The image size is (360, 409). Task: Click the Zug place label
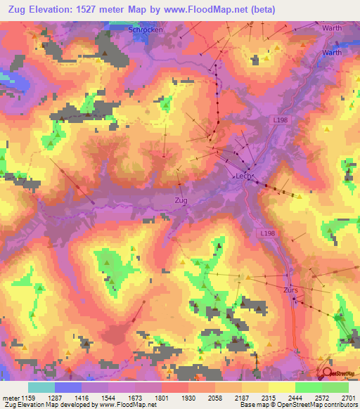click(x=181, y=200)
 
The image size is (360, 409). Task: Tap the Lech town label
click(x=243, y=178)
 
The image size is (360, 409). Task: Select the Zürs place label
click(x=292, y=290)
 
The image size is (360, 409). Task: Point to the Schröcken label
click(x=146, y=30)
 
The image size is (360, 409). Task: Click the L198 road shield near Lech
click(x=281, y=121)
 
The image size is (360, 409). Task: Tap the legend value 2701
click(x=348, y=397)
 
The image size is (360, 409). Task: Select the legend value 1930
click(x=188, y=397)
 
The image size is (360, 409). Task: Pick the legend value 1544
click(x=108, y=397)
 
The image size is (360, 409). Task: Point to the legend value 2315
click(x=268, y=397)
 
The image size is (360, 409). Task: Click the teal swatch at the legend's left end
click(x=41, y=387)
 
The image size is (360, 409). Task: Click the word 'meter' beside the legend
click(x=11, y=397)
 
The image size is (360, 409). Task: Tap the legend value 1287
click(x=54, y=397)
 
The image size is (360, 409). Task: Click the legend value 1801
click(x=161, y=397)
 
